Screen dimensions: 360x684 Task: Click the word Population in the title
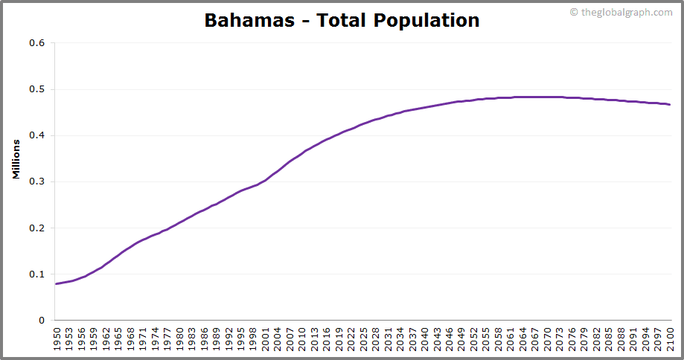426,20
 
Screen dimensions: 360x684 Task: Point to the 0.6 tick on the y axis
37,43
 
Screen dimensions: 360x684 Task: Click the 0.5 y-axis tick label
37,89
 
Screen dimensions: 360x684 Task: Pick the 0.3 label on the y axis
37,181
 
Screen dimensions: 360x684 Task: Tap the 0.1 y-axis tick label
37,274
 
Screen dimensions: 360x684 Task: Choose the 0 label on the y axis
42,321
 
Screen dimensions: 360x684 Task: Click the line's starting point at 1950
57,283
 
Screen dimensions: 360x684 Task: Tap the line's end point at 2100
670,105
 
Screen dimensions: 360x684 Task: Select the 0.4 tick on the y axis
37,135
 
